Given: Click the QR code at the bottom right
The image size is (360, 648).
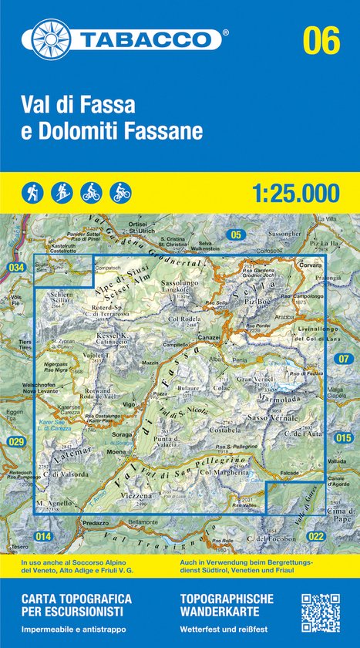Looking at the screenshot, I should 320,613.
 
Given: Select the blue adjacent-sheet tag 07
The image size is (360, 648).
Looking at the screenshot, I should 344,358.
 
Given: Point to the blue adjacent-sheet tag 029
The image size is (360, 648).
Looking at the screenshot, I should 17,441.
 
